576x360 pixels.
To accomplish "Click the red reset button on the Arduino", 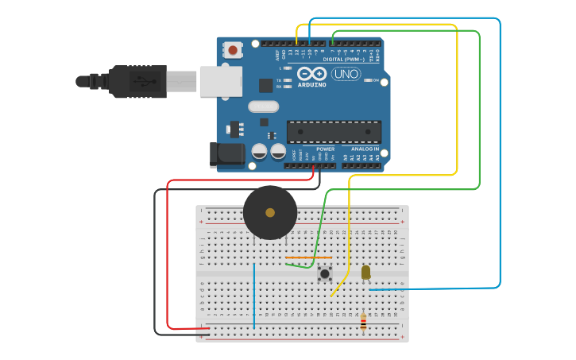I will click(x=233, y=50).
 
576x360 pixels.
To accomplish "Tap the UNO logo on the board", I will click(x=346, y=74).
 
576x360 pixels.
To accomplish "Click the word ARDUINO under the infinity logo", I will click(x=311, y=85).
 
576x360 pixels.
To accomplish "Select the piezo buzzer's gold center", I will click(x=270, y=213).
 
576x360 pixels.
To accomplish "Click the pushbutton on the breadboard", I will click(x=324, y=274).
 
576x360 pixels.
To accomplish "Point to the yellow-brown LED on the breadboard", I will click(x=365, y=273).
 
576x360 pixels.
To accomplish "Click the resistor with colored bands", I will click(x=363, y=322).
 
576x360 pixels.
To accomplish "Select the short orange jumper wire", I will click(x=308, y=257).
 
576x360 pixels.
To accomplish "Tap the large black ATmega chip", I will click(x=334, y=131).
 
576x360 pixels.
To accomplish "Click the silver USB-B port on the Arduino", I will click(x=220, y=81).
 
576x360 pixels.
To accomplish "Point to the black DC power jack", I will click(x=226, y=155).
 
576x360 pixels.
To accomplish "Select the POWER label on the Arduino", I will click(x=326, y=149).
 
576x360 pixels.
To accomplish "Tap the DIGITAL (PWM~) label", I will click(x=344, y=59).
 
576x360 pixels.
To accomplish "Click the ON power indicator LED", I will click(x=368, y=80).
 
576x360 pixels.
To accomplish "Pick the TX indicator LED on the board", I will click(x=286, y=80).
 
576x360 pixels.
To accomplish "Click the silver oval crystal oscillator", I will click(x=263, y=106).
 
